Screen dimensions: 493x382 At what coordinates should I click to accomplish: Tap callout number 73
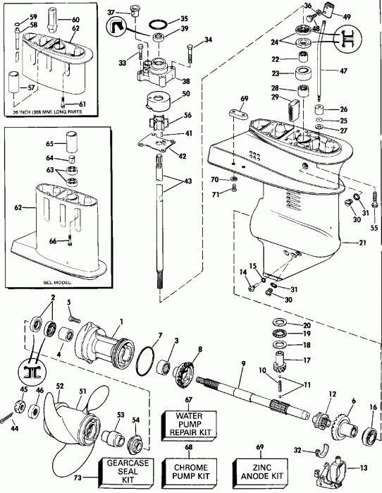pos(77,477)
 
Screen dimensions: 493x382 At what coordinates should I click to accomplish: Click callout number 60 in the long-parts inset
pos(76,19)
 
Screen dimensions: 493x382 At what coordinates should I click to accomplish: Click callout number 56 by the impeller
pos(187,116)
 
